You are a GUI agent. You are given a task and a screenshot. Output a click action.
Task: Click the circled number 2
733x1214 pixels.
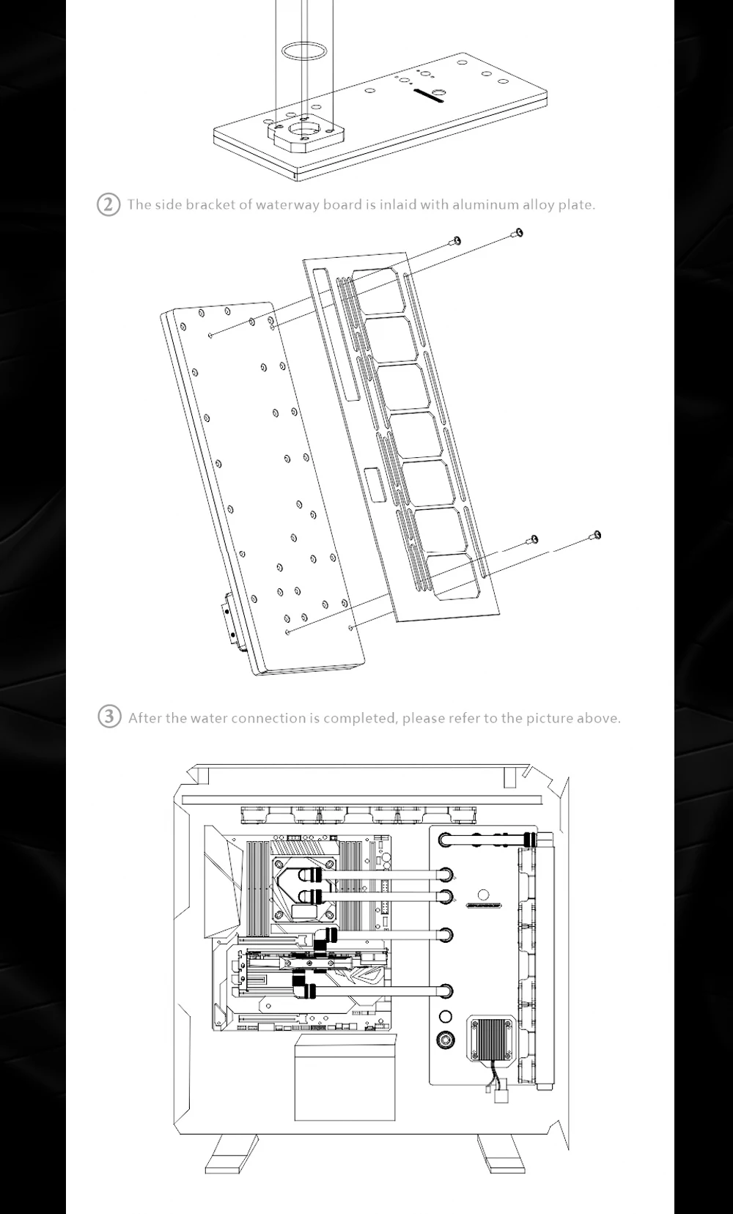[108, 204]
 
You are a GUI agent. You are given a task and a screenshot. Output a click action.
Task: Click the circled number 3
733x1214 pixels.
[109, 717]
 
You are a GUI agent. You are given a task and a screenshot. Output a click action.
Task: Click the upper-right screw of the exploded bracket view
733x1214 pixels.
[517, 234]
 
